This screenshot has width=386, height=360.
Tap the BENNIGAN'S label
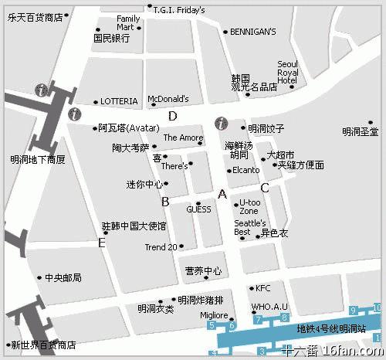253,32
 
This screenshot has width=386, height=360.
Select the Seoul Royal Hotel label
287,72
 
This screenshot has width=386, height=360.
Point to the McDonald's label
168,99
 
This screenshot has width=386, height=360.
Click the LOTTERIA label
119,101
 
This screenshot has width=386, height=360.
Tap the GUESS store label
198,209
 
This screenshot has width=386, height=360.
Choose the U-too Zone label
249,206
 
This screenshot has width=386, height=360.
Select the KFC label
263,288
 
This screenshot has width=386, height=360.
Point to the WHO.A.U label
269,307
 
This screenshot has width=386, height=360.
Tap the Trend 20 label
161,247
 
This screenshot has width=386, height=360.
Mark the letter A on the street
223,194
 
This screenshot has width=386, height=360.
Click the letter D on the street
173,117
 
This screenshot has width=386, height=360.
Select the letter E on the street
101,243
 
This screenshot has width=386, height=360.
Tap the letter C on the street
264,187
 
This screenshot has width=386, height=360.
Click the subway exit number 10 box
377,309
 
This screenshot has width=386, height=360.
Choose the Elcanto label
245,170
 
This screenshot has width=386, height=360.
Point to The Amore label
183,138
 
